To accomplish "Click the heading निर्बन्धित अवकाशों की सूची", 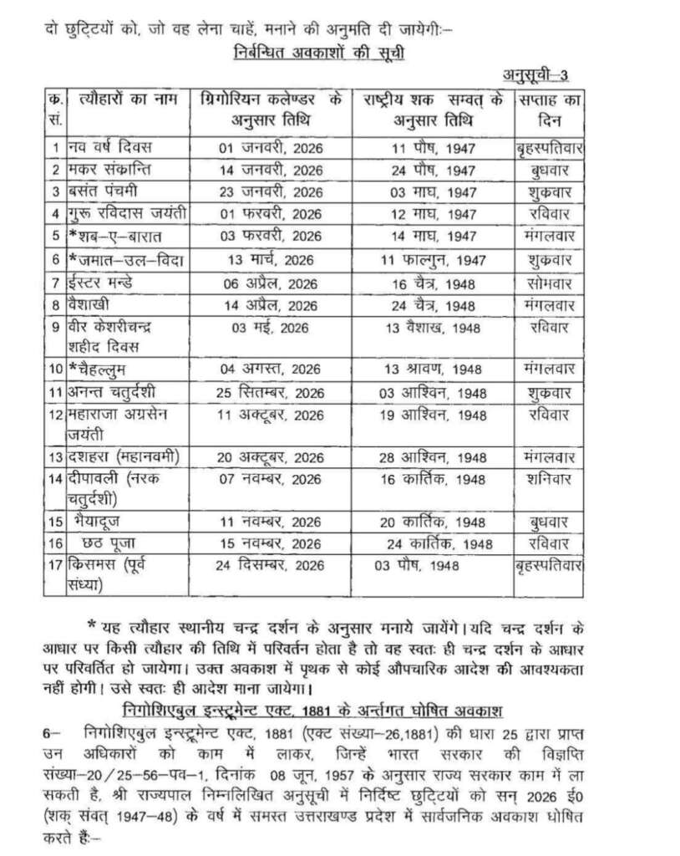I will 321,55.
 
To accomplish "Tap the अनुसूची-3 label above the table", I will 535,76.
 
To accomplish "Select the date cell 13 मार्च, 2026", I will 270,260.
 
